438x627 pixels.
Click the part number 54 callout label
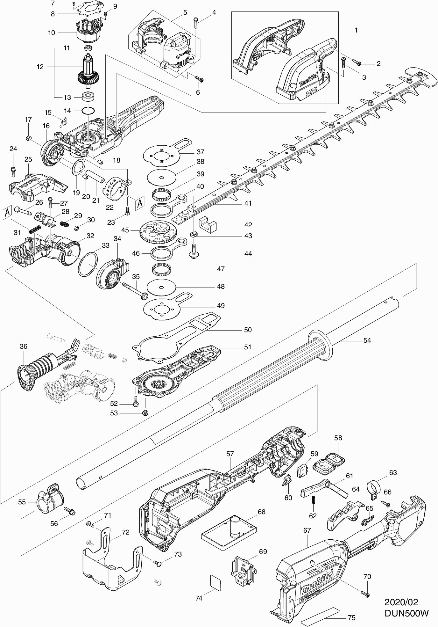tap(367, 340)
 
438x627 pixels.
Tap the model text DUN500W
tap(406, 613)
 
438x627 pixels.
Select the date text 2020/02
tap(401, 602)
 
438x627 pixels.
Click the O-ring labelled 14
tap(88, 111)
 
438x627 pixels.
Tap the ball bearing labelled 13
tap(88, 97)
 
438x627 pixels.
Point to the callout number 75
tap(351, 618)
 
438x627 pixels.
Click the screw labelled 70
tap(364, 594)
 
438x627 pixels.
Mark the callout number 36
tap(24, 346)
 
